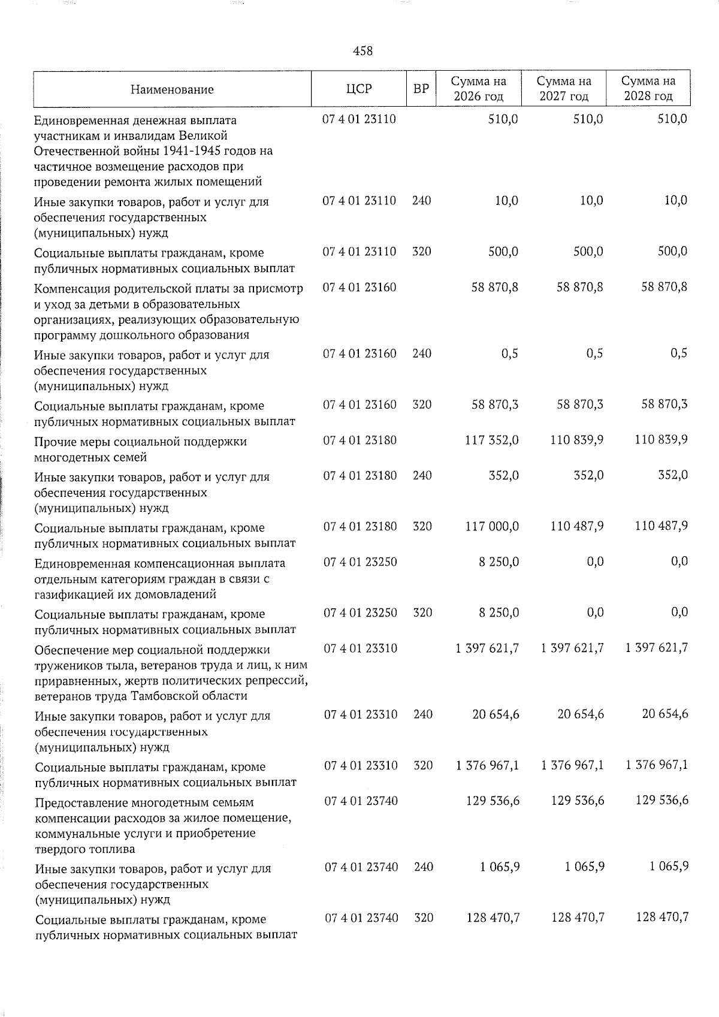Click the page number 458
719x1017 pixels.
[362, 52]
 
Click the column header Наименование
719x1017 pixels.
[172, 90]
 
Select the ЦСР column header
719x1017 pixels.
[359, 89]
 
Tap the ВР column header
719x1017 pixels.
[421, 89]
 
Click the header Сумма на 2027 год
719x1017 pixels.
[563, 89]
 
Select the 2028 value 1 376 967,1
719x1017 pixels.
[657, 765]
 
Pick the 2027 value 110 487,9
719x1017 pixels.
[576, 526]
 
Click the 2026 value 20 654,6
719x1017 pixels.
[496, 714]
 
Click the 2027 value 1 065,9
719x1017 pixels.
[584, 867]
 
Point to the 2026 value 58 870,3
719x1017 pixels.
[496, 405]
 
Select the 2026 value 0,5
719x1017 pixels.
[510, 354]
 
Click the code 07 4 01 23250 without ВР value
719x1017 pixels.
[360, 562]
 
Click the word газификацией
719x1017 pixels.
[70, 594]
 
